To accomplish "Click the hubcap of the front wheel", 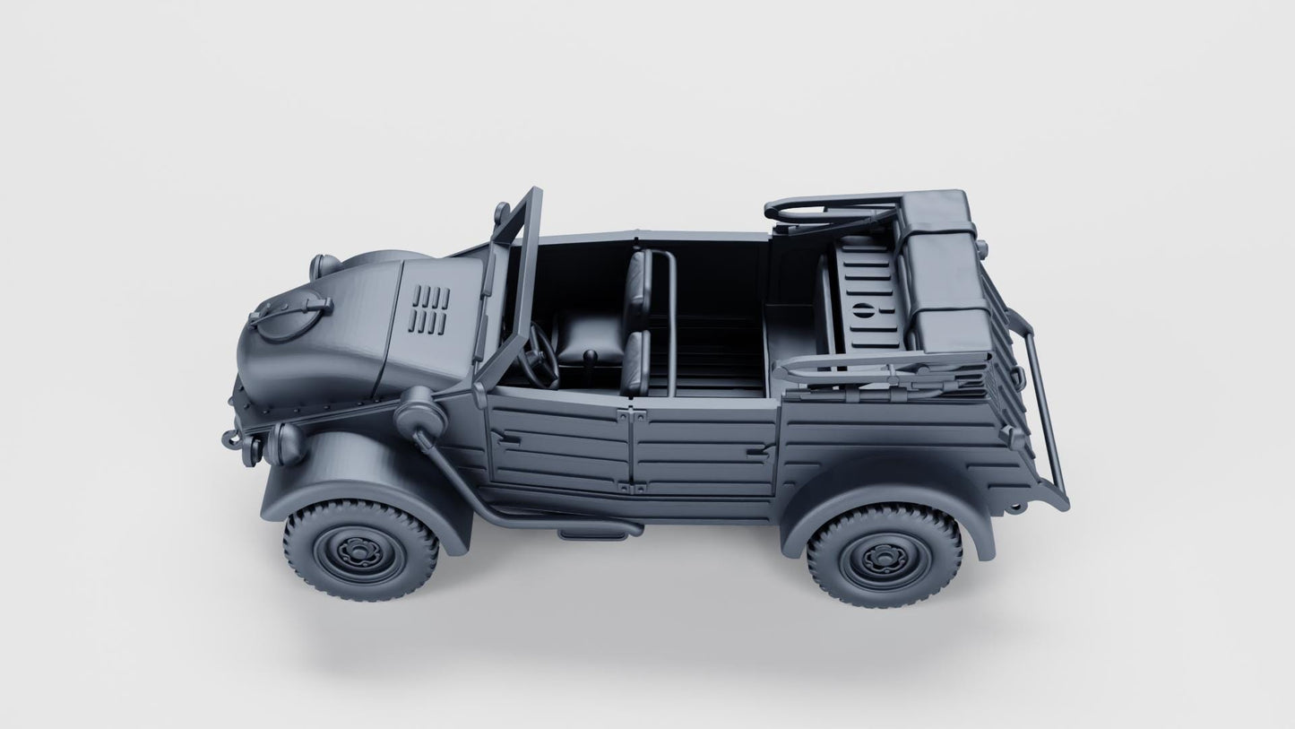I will click(x=361, y=548).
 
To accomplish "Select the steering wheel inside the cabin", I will click(x=540, y=356).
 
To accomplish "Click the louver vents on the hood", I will click(x=433, y=309).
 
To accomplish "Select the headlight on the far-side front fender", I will click(x=323, y=266).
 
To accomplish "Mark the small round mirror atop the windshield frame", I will click(x=501, y=213).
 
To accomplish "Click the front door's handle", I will click(x=501, y=437).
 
